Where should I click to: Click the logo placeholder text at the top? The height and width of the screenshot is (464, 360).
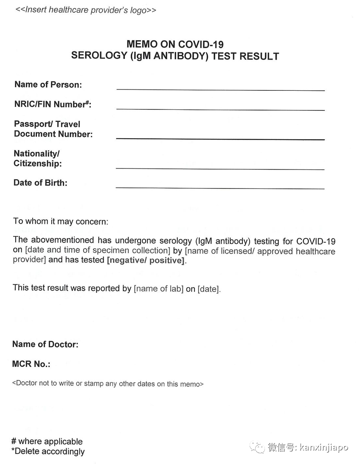[x=85, y=10]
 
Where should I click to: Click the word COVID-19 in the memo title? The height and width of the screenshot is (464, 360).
[x=201, y=44]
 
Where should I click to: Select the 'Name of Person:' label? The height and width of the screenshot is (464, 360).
[x=48, y=84]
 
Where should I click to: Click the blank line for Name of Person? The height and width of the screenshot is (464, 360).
[x=220, y=90]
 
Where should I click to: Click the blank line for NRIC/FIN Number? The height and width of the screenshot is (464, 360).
[x=220, y=109]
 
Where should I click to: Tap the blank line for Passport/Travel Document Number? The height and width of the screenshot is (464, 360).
[x=220, y=139]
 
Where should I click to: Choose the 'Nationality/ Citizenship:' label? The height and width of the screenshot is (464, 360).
[x=37, y=159]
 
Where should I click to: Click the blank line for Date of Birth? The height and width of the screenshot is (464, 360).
[x=220, y=188]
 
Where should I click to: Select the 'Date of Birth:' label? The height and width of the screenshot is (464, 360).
[x=40, y=183]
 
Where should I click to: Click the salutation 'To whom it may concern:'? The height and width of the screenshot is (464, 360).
[x=61, y=221]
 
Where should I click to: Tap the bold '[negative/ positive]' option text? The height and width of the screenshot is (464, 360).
[x=146, y=260]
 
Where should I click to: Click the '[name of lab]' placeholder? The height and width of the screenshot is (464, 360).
[x=159, y=289]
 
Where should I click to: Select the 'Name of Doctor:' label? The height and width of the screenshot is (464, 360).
[x=45, y=344]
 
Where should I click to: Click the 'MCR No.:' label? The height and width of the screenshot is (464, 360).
[x=31, y=364]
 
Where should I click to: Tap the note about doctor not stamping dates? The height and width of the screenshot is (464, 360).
[x=108, y=384]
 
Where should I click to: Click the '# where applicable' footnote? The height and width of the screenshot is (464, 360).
[x=47, y=442]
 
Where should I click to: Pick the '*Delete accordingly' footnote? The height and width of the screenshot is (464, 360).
[x=48, y=451]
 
